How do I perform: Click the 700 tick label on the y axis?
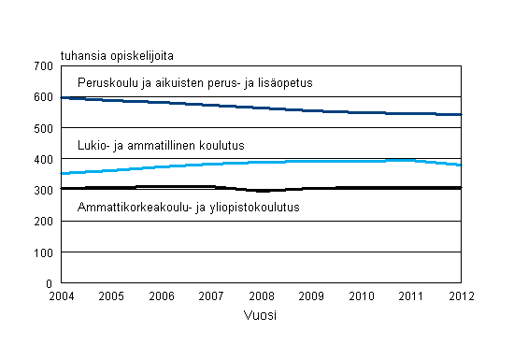tap(42, 65)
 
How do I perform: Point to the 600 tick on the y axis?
tap(42, 96)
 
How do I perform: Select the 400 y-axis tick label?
tap(42, 159)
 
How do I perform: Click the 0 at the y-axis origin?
tap(49, 283)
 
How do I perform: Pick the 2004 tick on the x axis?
tap(61, 295)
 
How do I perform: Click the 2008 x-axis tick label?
tap(261, 295)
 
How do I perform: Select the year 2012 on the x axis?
tap(462, 295)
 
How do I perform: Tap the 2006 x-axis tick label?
tap(161, 295)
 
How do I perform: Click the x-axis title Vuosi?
tap(261, 315)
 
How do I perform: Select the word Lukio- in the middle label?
tap(95, 145)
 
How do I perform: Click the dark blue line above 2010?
tap(362, 112)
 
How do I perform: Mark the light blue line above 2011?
tap(411, 160)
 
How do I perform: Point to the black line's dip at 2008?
tap(261, 190)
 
